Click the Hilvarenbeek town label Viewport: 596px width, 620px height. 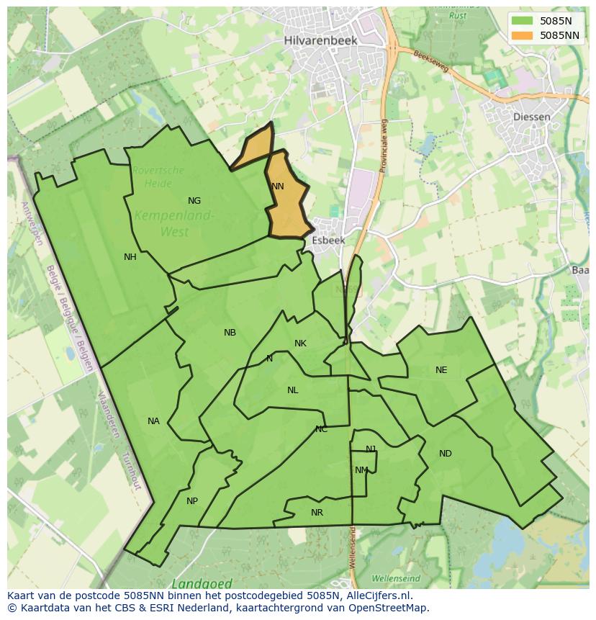coord(320,41)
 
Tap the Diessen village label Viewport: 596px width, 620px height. coord(533,117)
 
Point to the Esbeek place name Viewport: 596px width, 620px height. coord(328,241)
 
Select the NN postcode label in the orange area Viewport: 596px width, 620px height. coord(278,186)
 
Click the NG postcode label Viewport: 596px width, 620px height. coord(194,201)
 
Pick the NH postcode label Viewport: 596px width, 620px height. coord(130,257)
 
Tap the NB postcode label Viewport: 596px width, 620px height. coord(230,333)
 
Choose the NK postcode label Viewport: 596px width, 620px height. coord(301,343)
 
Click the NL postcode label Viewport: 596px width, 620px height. coord(292,390)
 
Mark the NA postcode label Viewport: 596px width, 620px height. coord(153,421)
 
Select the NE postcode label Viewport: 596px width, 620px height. coord(441,370)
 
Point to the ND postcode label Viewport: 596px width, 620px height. coord(446,454)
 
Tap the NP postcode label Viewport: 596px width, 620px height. coord(192,501)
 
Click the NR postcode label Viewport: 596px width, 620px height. coord(317,513)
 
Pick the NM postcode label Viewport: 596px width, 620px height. coord(361,470)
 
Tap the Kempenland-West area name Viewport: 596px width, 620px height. coord(174,223)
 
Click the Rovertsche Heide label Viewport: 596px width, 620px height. coord(158,176)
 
